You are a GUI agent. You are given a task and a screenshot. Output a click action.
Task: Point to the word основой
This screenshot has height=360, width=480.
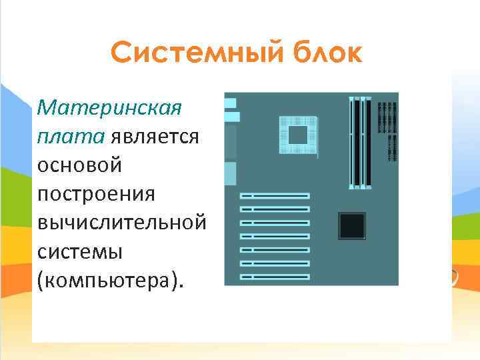80,165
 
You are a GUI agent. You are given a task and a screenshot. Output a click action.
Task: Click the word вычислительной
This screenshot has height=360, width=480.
121,223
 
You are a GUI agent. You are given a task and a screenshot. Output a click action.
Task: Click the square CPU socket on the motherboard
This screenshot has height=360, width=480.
297,135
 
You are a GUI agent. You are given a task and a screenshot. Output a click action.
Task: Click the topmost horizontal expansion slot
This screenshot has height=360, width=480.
275,196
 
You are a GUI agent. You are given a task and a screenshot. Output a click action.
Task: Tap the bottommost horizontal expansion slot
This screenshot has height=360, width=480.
275,276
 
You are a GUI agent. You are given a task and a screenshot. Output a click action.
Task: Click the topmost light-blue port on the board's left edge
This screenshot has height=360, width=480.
230,103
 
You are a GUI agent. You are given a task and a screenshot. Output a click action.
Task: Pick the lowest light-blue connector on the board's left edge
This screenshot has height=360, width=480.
230,173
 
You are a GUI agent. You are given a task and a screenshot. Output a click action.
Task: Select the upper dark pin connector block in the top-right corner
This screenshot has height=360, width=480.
387,117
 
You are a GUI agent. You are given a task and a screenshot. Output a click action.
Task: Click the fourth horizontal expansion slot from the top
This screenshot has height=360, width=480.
275,236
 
